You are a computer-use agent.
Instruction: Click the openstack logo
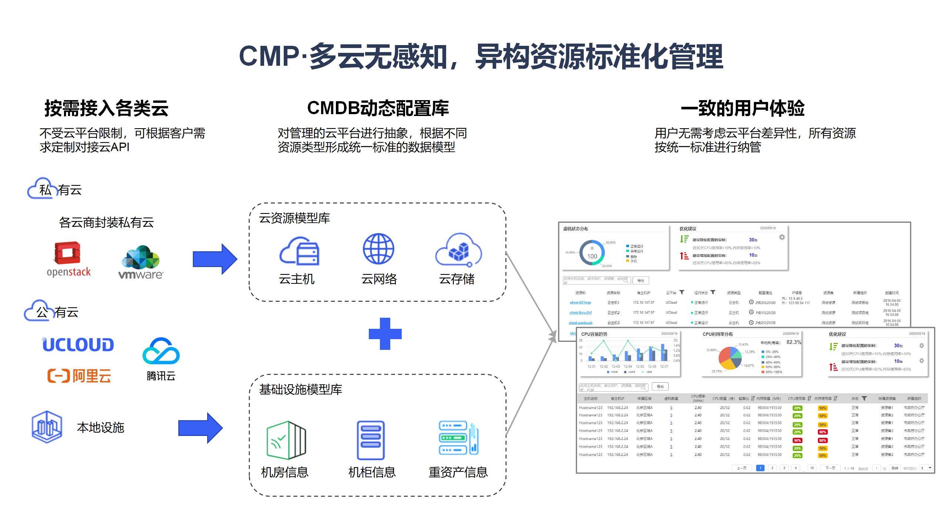pyautogui.click(x=68, y=259)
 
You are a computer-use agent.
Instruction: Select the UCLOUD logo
pyautogui.click(x=78, y=344)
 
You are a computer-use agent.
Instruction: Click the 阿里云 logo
pyautogui.click(x=79, y=376)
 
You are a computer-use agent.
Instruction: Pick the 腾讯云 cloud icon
pyautogui.click(x=161, y=351)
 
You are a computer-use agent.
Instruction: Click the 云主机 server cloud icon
pyautogui.click(x=299, y=251)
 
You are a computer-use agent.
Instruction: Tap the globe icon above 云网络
pyautogui.click(x=378, y=249)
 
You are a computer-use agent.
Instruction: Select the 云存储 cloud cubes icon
pyautogui.click(x=458, y=250)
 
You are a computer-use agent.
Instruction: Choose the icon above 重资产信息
pyautogui.click(x=458, y=439)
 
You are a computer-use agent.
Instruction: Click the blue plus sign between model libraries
pyautogui.click(x=385, y=334)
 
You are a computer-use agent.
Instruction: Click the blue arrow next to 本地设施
pyautogui.click(x=200, y=428)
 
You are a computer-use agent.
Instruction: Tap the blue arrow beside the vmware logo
pyautogui.click(x=215, y=259)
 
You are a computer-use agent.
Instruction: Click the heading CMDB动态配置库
pyautogui.click(x=378, y=108)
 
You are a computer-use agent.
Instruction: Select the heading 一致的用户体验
pyautogui.click(x=742, y=108)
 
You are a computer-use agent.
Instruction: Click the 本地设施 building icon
pyautogui.click(x=47, y=427)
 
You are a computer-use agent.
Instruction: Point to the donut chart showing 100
pyautogui.click(x=592, y=253)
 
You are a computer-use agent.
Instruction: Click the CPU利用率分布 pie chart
pyautogui.click(x=730, y=358)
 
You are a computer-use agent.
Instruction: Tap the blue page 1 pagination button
pyautogui.click(x=760, y=468)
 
